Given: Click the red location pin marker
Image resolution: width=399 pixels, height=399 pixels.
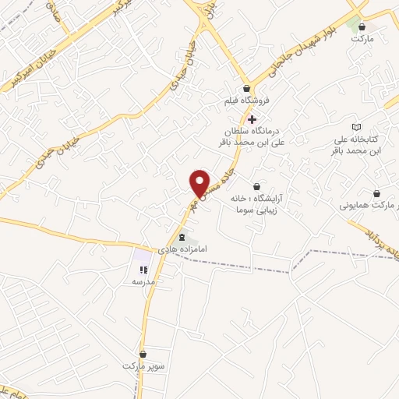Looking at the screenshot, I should click(199, 182).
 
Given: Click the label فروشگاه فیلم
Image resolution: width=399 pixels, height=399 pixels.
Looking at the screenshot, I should click(247, 101).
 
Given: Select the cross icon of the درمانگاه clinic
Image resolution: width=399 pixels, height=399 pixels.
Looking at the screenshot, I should click(252, 118).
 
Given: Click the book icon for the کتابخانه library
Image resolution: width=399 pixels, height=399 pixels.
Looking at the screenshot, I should click(357, 126).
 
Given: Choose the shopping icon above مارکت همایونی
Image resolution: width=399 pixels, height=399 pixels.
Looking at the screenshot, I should click(377, 194).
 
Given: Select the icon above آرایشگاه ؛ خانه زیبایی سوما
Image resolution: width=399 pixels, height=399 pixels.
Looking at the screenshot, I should click(256, 185).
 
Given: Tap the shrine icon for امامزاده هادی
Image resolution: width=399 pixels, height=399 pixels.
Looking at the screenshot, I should click(182, 237).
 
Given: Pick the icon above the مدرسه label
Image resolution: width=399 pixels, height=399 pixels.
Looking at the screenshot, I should click(143, 270).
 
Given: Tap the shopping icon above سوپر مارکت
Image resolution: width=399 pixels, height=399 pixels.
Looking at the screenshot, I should click(143, 353).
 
